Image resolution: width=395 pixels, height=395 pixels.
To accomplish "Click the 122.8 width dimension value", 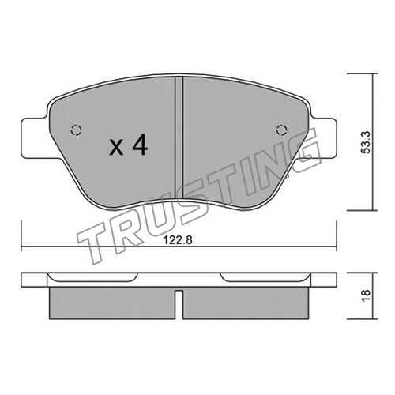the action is click(178, 240).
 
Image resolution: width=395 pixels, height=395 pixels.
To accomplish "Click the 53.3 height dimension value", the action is click(366, 142).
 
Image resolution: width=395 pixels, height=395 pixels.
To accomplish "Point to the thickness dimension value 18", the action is click(366, 295).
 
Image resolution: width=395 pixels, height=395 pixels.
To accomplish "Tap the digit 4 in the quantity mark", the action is click(140, 145).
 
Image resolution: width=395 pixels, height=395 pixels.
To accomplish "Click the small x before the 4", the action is click(116, 148).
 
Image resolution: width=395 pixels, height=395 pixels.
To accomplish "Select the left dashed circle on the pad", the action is click(77, 130).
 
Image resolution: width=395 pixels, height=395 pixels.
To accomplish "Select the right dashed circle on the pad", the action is click(281, 130).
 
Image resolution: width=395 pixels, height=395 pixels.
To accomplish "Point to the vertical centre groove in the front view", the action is click(179, 137).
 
